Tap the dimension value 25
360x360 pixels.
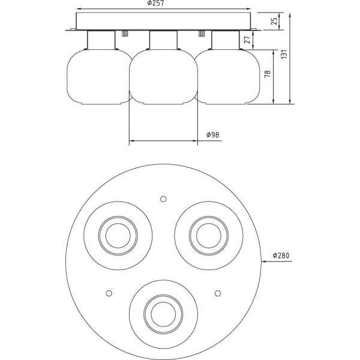point(274,22)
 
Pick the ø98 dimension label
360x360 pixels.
point(212,136)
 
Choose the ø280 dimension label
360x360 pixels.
point(281,256)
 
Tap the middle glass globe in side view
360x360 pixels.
point(164,77)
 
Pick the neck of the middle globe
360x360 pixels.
point(164,41)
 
